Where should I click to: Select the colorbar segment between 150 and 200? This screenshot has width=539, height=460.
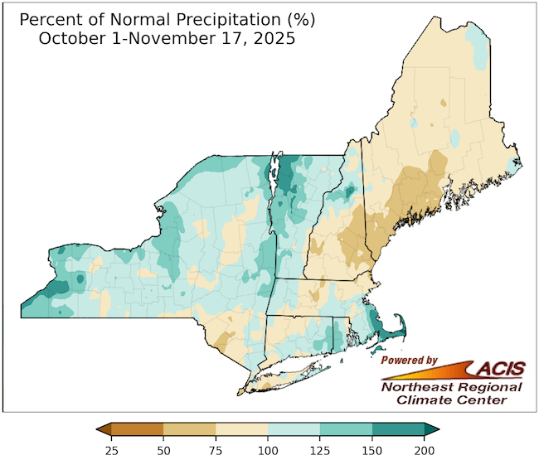tap(398, 429)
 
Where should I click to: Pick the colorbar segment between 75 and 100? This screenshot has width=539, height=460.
tap(241, 429)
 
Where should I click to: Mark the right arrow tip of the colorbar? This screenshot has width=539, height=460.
tap(437, 429)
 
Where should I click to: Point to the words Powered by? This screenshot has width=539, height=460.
tap(409, 361)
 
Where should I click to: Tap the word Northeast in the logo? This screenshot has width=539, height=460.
tap(411, 387)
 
